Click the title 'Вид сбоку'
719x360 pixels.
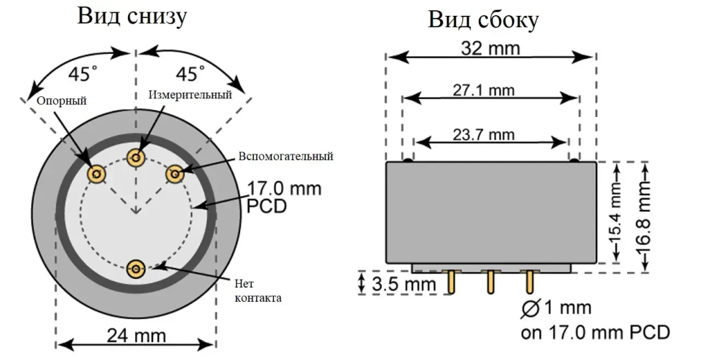483,19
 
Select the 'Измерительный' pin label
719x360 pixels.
191,94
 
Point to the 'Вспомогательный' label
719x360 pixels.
286,156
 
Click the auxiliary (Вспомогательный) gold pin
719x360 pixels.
175,173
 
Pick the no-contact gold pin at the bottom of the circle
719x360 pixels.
136,269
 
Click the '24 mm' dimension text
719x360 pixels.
137,335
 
